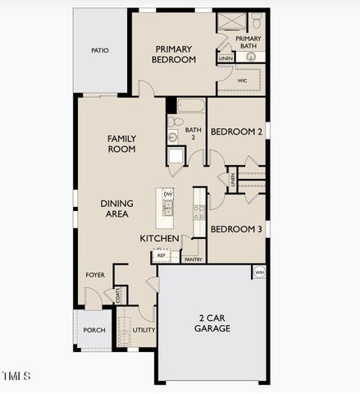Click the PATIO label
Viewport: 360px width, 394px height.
[99, 51]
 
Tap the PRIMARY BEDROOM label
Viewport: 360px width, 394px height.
[175, 54]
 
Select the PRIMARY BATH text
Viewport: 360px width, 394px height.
[248, 42]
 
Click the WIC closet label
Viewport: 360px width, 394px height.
[243, 81]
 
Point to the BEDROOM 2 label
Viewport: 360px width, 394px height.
[236, 131]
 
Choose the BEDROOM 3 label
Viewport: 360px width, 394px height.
[236, 230]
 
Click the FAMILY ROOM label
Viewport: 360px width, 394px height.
[121, 144]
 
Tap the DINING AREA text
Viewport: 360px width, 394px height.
[117, 208]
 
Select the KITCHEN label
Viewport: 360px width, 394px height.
[159, 238]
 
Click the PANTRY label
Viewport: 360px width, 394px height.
[194, 259]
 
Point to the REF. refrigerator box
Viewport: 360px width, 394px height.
[162, 256]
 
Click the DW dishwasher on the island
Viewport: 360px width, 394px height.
[167, 195]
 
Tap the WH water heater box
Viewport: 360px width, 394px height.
[259, 273]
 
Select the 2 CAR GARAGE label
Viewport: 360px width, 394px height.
[212, 323]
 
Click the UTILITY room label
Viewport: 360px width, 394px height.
[144, 330]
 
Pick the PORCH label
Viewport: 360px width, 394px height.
[93, 330]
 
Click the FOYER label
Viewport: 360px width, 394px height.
[95, 275]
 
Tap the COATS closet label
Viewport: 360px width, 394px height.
[119, 295]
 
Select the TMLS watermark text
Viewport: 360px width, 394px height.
[16, 376]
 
